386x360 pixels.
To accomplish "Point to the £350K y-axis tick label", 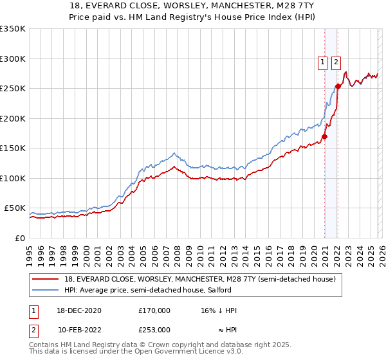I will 12,29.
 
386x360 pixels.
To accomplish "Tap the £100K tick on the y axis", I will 12,178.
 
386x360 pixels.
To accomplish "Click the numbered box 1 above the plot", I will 322,62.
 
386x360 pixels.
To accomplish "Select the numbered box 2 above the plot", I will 336,62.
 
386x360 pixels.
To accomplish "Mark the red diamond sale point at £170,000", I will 325,136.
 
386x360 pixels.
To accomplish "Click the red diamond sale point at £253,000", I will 338,86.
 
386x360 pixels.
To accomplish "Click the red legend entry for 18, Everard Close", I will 199,280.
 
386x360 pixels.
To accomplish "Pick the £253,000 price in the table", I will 154,329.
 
